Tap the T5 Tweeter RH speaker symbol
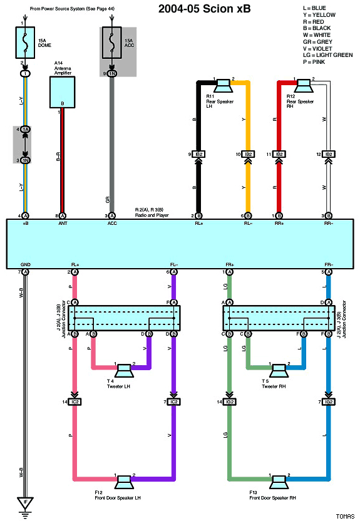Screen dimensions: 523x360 click(279, 369)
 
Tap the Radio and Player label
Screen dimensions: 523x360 click(153, 215)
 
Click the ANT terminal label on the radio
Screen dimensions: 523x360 click(63, 222)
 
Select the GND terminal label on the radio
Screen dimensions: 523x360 click(25, 264)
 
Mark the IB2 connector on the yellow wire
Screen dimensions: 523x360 click(248, 154)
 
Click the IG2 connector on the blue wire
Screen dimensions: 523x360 click(327, 401)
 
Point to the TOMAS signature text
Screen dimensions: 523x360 click(344, 516)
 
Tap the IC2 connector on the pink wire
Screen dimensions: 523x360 click(75, 401)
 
